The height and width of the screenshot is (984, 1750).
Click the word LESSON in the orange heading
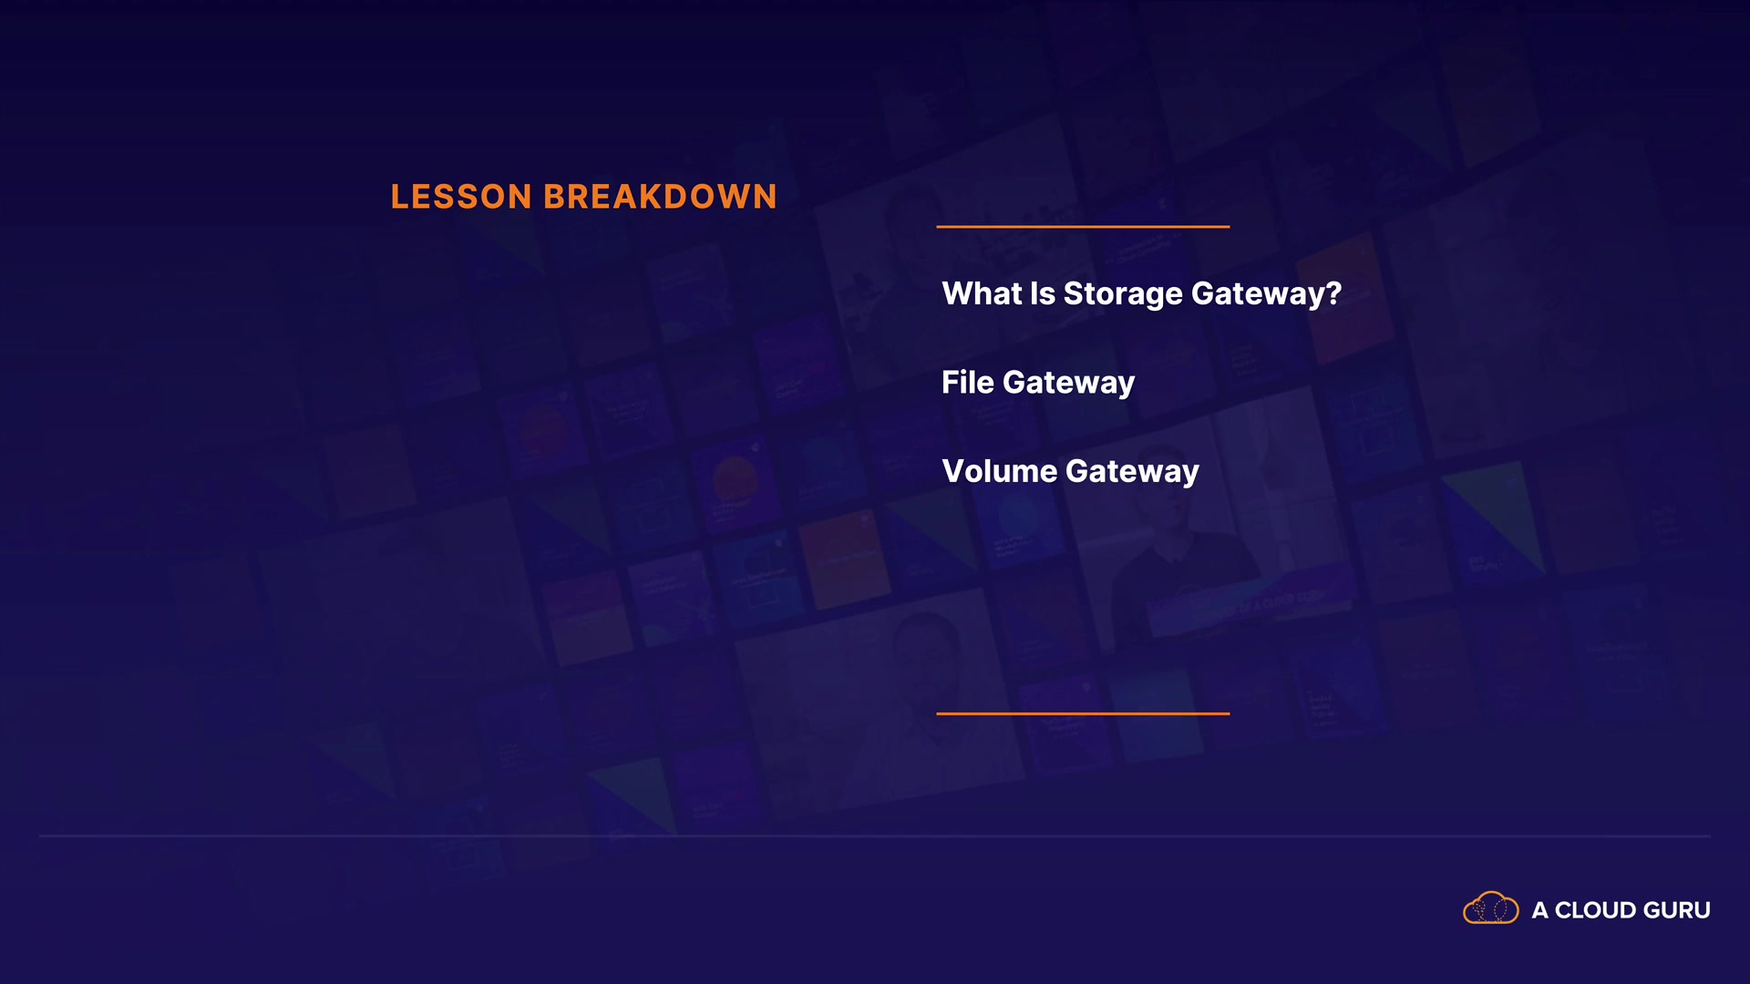coord(461,197)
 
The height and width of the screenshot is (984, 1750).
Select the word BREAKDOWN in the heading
coord(660,197)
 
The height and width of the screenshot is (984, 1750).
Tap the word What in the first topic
coord(982,293)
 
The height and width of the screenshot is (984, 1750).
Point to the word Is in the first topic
coord(1043,293)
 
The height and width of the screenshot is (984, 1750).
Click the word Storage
coord(1123,295)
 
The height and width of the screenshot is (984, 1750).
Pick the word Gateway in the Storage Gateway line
coord(1257,295)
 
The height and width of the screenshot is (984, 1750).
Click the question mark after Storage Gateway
coord(1333,293)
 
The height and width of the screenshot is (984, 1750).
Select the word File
coord(968,382)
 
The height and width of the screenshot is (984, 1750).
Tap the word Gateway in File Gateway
coord(1068,384)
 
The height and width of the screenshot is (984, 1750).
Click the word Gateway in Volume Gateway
coord(1132,473)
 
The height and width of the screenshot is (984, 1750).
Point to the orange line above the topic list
coord(1083,226)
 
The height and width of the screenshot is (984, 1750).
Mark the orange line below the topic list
coord(1083,713)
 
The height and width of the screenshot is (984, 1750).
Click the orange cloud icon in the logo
coord(1491,908)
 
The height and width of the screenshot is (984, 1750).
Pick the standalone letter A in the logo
coord(1540,910)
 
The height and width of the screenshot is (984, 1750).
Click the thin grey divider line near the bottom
coord(875,835)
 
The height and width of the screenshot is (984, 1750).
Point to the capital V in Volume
coord(954,471)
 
